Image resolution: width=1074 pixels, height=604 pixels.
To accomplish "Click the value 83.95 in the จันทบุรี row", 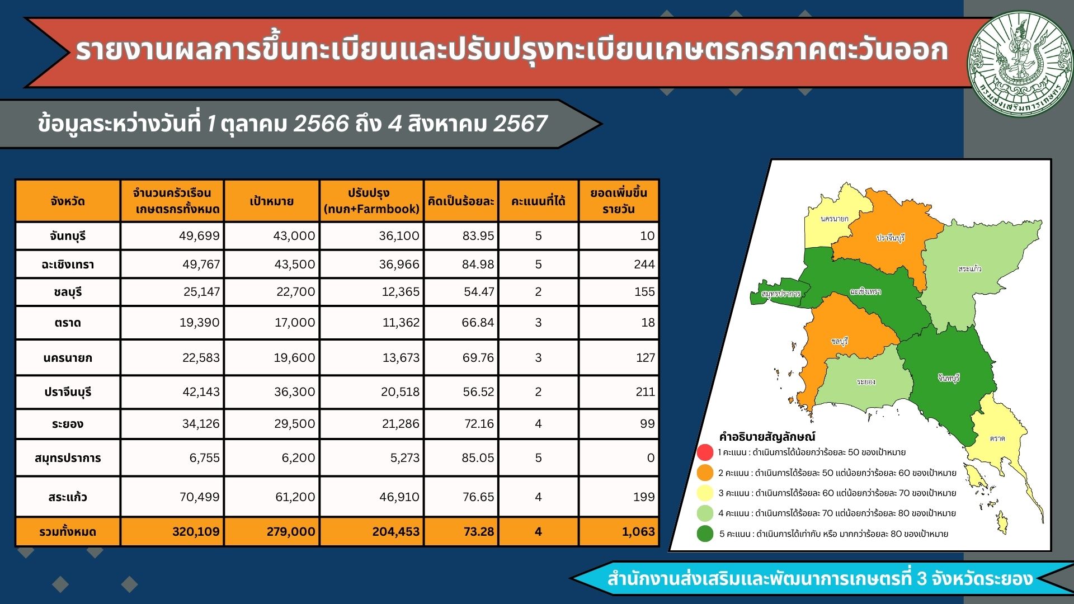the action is (478, 236).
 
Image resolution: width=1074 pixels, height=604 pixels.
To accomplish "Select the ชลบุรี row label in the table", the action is (68, 292).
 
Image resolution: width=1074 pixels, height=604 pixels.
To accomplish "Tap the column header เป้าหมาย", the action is (271, 201).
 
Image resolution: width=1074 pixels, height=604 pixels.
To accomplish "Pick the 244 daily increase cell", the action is (644, 264).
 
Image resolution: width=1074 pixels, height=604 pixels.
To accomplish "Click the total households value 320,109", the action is (196, 531).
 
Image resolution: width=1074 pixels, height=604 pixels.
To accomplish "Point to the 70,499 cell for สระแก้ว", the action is (200, 497).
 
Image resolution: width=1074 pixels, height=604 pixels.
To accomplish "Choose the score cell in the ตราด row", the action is (538, 322).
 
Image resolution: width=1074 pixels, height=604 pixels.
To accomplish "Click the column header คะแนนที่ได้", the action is (538, 201).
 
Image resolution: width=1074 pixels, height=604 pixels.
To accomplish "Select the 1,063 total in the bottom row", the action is (638, 531).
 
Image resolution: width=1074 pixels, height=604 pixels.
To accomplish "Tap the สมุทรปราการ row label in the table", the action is (68, 458).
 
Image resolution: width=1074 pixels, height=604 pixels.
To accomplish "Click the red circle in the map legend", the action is (705, 452).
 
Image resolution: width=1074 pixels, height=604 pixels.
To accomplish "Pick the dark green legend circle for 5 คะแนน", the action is (705, 534).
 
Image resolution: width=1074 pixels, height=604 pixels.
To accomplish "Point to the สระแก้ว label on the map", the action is (969, 268).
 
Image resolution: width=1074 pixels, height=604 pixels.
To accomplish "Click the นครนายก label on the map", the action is (834, 219).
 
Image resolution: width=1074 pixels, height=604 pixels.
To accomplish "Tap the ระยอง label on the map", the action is (866, 381).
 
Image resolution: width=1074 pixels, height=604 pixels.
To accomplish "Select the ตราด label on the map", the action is (997, 438).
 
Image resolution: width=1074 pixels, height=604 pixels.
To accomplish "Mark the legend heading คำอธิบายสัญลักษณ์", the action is (767, 436).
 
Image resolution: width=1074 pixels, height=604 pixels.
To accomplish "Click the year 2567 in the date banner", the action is (520, 124).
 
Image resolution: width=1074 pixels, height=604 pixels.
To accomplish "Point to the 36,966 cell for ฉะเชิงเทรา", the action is (399, 264).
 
